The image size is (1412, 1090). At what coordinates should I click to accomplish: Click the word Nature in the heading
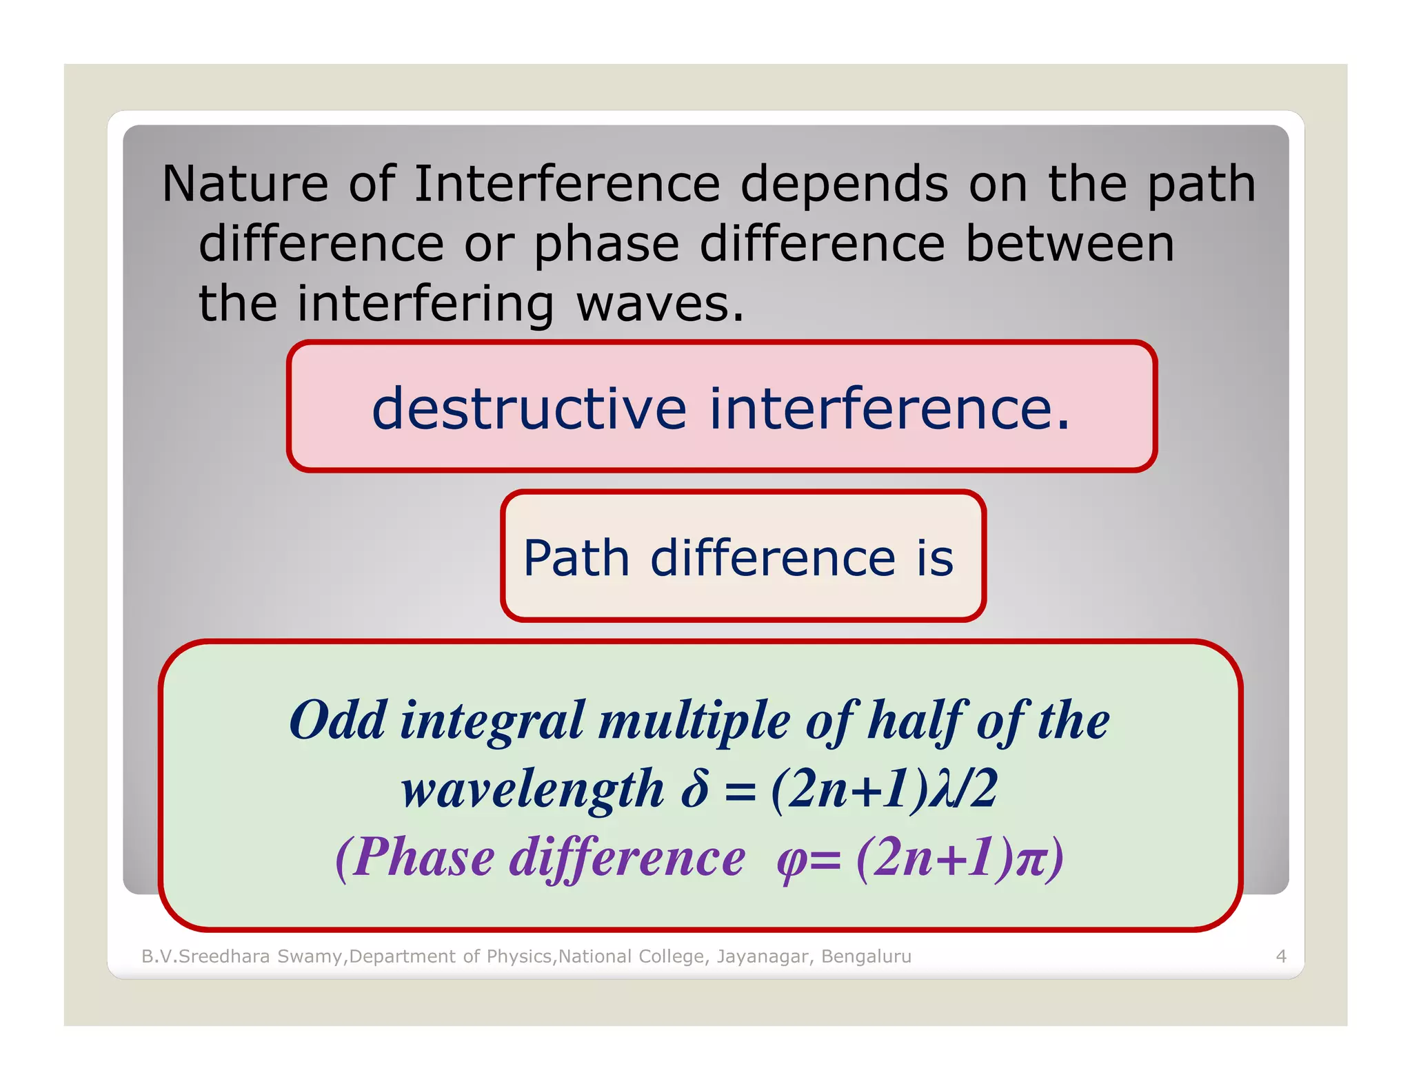pyautogui.click(x=245, y=185)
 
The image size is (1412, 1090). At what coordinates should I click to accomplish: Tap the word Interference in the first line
pyautogui.click(x=567, y=185)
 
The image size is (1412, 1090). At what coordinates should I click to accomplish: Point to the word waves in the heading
pyautogui.click(x=660, y=304)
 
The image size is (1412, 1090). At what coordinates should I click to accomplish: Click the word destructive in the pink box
pyautogui.click(x=529, y=409)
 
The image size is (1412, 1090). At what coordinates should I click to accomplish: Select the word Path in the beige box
pyautogui.click(x=576, y=557)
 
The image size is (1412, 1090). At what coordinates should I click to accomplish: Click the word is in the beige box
pyautogui.click(x=935, y=557)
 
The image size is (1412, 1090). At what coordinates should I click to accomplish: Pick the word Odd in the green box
pyautogui.click(x=337, y=720)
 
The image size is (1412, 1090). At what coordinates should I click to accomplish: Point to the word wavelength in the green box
pyautogui.click(x=532, y=789)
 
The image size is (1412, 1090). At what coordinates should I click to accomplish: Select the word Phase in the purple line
pyautogui.click(x=425, y=857)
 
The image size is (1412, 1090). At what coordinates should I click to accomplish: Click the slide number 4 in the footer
pyautogui.click(x=1281, y=956)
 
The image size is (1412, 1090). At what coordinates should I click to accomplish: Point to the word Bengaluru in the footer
pyautogui.click(x=866, y=956)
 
